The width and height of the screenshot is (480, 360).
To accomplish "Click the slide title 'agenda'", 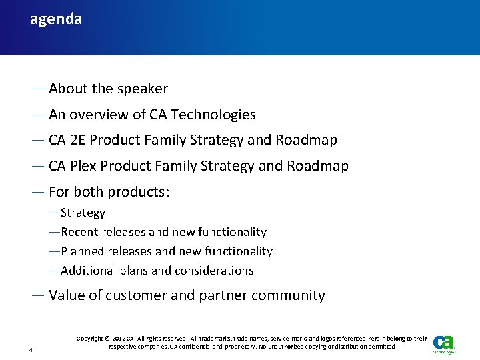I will (x=56, y=19).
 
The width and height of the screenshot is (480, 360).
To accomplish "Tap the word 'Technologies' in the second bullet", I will (x=213, y=115).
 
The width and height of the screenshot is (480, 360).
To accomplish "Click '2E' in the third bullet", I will (x=77, y=140).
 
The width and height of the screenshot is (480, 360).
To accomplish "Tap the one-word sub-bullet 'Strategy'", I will (x=83, y=213).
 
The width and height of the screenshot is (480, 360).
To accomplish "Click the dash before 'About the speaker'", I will (x=38, y=89).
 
